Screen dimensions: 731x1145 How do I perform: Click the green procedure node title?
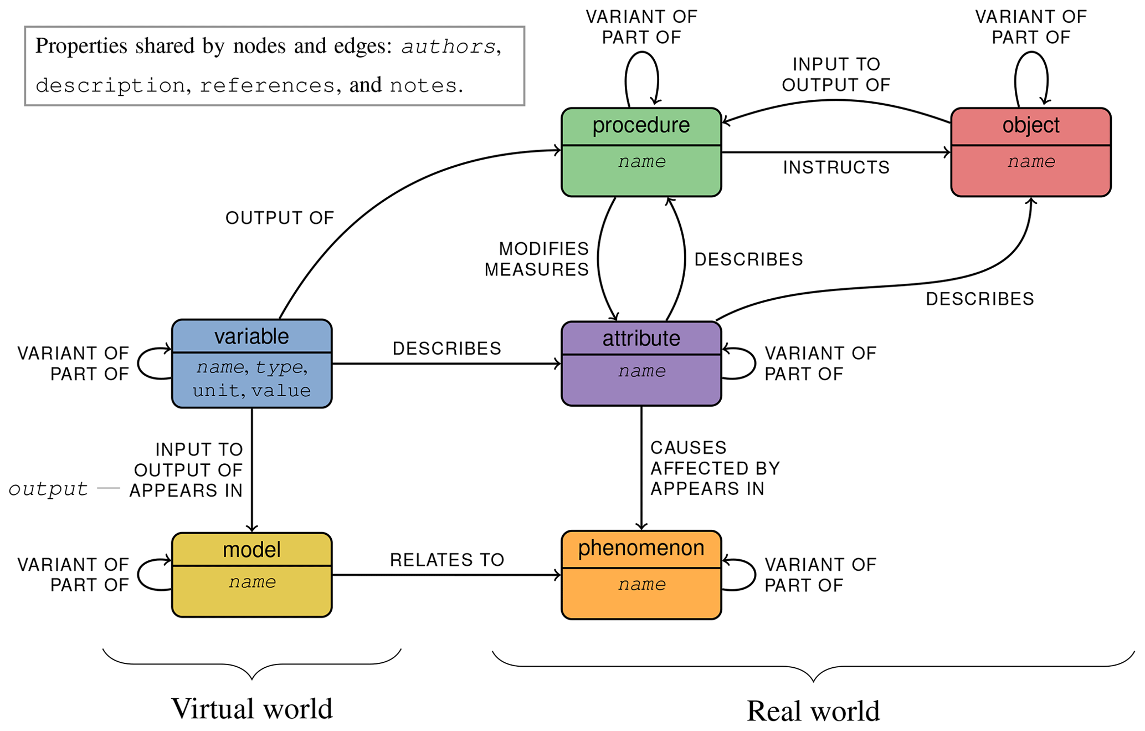641,125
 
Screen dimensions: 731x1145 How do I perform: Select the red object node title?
1030,125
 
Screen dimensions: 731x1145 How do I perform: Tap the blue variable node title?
251,336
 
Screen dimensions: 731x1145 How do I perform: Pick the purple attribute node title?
641,338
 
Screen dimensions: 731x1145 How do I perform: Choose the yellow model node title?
251,550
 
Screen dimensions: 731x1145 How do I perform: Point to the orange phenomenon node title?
641,548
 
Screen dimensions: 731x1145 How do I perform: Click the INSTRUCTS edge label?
836,167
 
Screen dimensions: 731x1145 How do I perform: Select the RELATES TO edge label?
447,560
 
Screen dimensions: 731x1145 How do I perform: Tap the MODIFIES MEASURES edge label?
536,259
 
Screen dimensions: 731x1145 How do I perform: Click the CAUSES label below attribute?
688,448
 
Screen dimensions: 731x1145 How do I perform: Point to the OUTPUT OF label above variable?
280,218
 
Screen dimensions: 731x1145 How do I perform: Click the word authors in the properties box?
448,47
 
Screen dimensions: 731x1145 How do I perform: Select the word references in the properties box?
267,86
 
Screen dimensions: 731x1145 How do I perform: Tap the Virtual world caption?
251,709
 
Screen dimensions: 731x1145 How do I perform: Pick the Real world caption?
813,711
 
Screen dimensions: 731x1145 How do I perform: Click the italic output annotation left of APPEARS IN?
48,489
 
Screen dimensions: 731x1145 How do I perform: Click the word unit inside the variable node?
215,391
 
